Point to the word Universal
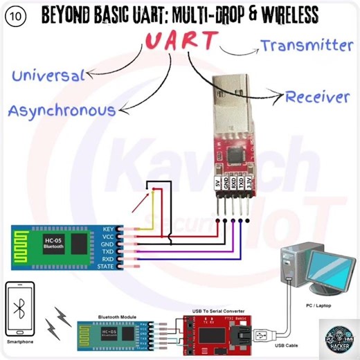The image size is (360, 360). (48, 74)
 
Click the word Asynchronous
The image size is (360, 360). (62, 110)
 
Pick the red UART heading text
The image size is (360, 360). (181, 42)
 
